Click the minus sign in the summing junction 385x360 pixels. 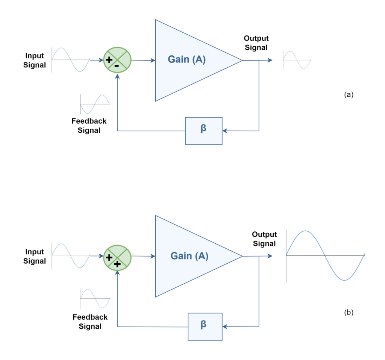[x=117, y=65]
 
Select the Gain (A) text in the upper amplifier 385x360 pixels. [x=186, y=59]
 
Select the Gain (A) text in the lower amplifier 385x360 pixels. [x=189, y=256]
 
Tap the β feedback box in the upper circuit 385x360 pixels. [x=204, y=131]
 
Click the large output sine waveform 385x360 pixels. [x=326, y=256]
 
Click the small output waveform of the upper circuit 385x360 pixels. [x=297, y=60]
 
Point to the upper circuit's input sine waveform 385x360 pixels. [x=71, y=59]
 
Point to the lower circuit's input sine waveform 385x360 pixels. [x=71, y=256]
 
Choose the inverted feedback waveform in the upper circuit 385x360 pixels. [x=95, y=104]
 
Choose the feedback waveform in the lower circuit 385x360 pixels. [x=95, y=299]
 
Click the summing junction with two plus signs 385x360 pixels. [x=117, y=258]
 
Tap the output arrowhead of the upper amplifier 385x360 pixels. [x=270, y=60]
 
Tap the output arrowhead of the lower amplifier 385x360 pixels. [x=270, y=256]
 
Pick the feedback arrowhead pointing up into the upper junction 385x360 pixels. [x=118, y=76]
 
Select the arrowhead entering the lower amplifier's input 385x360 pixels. [x=153, y=256]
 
